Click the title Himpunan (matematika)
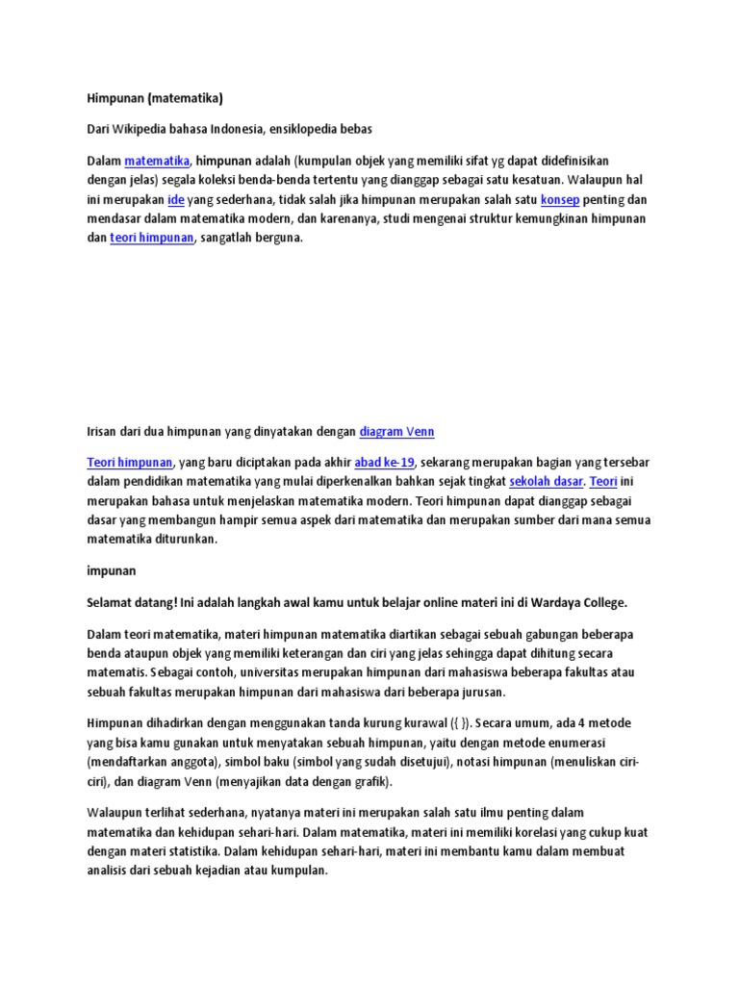coord(154,97)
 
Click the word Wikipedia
coord(146,128)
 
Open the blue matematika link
coord(157,160)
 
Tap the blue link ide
coord(176,199)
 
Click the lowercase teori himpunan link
coord(152,238)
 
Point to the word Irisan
coord(104,432)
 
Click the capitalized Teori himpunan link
coord(130,463)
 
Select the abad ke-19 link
coord(385,463)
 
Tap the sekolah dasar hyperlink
coord(547,482)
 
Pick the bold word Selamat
coord(113,603)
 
